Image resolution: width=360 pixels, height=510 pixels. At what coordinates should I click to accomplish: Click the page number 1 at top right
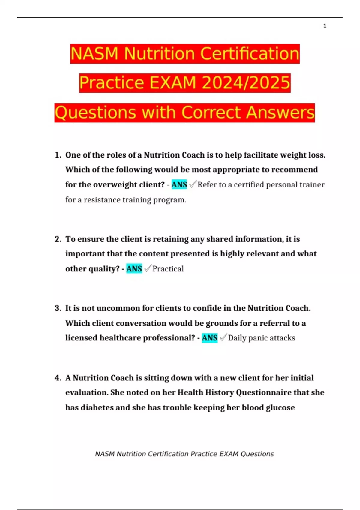click(325, 26)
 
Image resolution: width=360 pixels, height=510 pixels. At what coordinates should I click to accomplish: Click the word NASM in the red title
click(95, 54)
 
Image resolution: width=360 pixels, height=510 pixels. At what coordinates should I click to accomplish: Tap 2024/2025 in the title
click(246, 83)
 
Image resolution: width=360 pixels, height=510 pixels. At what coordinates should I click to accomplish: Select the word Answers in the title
click(280, 112)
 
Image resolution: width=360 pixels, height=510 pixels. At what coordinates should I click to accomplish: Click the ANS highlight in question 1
click(179, 184)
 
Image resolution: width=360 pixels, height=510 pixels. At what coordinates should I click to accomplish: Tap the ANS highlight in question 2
click(134, 268)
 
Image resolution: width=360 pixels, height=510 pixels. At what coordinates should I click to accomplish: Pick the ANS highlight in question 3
click(209, 338)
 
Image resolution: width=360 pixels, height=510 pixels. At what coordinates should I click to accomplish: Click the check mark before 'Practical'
click(148, 268)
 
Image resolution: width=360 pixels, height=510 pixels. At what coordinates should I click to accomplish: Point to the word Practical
click(168, 269)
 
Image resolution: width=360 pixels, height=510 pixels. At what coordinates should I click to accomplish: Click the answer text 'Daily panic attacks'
click(261, 338)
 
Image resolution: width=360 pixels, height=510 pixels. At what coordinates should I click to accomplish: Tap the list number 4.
click(58, 378)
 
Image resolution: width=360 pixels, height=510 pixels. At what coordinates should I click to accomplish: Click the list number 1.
click(58, 155)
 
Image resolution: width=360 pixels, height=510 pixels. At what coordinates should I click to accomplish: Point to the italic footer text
click(184, 454)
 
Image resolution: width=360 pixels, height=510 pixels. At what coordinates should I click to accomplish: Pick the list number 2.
click(58, 239)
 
